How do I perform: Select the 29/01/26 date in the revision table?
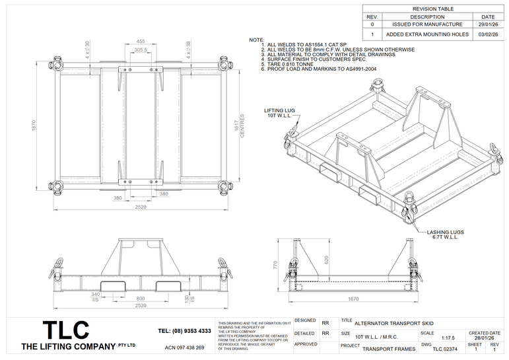(x=488, y=24)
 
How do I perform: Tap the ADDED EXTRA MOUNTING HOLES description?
(x=428, y=34)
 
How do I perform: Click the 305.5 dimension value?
(x=141, y=50)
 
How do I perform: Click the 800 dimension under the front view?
(x=141, y=299)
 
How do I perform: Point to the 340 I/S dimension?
(x=96, y=297)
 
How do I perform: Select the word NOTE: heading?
(x=256, y=40)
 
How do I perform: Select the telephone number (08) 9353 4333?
(x=186, y=330)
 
